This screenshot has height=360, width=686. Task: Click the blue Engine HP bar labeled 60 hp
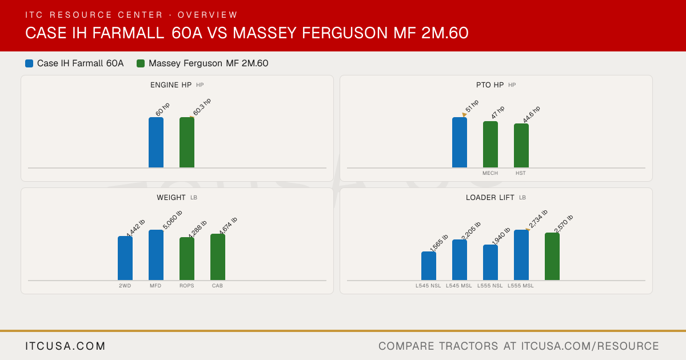tap(156, 142)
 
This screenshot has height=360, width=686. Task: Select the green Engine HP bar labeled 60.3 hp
tap(187, 142)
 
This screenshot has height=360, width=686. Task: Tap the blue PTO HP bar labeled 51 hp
tap(460, 142)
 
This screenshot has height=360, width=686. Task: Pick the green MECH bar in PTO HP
tap(490, 144)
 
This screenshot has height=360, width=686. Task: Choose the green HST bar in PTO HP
tap(521, 145)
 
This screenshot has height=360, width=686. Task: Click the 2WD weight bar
tap(125, 258)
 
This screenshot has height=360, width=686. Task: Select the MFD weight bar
tap(156, 255)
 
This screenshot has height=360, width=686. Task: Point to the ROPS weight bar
tap(187, 259)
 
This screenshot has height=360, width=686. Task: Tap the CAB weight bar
tap(218, 257)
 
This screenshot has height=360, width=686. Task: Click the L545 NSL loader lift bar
tap(429, 266)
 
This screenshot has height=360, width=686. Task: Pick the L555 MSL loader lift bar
tap(521, 255)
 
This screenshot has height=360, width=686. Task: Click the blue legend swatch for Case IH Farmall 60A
tap(29, 63)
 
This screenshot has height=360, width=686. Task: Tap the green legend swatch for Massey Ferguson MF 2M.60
tap(141, 63)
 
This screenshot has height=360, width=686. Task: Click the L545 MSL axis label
tap(458, 286)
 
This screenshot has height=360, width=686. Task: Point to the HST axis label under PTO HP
tap(521, 173)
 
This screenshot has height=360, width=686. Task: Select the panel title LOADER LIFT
tap(490, 198)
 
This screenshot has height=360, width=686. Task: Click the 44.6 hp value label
tap(531, 114)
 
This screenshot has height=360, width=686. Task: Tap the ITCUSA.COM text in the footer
tap(65, 346)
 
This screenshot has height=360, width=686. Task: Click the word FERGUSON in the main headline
tap(345, 33)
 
